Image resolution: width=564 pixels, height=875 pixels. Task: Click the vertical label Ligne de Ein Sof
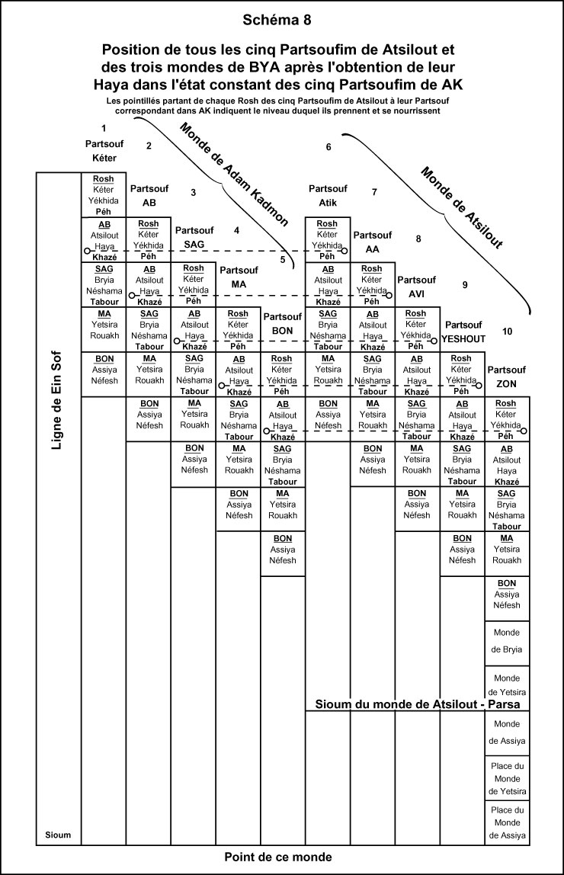56,400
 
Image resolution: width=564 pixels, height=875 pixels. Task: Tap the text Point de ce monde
278,857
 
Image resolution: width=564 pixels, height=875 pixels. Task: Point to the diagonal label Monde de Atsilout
462,207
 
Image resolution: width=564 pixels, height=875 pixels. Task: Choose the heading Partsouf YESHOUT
463,331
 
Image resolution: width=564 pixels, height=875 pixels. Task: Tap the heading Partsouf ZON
507,376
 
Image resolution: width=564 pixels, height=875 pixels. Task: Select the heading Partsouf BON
283,324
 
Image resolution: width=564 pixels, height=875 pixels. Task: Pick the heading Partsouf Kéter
104,150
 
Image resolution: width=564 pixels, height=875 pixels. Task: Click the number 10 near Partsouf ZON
508,331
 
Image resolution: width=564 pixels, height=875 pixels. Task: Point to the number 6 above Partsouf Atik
328,146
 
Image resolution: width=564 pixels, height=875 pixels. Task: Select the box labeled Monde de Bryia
507,641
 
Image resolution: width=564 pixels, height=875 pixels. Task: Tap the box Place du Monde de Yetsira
507,778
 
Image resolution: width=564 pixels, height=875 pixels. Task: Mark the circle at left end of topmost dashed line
88,250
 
